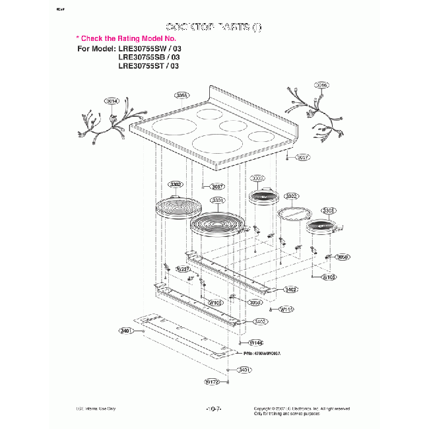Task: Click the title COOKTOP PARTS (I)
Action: point(214,27)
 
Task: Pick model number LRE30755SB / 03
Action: point(148,57)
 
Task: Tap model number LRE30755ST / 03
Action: point(148,66)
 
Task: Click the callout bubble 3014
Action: point(112,101)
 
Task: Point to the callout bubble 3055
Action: point(183,95)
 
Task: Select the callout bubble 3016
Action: point(321,85)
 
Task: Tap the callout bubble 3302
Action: point(176,184)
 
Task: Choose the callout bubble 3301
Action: point(218,200)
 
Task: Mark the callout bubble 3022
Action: point(292,196)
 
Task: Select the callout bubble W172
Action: point(212,381)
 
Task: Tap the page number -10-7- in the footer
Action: point(214,409)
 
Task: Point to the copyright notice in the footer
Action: point(302,411)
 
